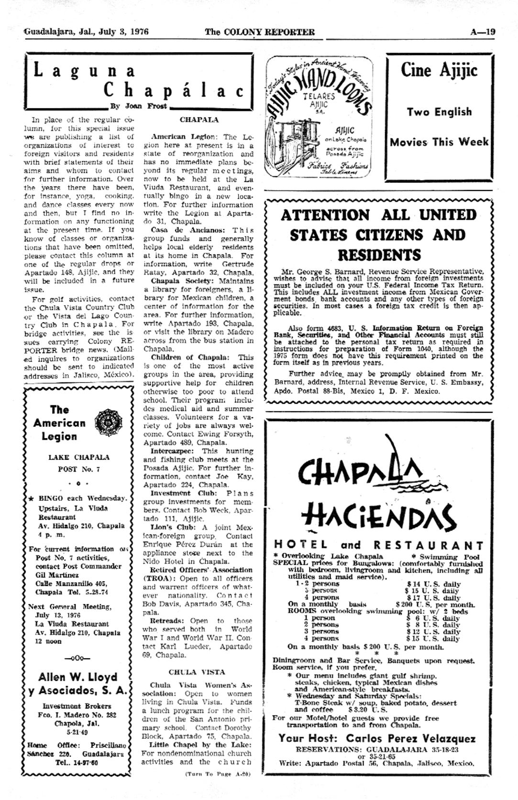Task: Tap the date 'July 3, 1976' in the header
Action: pos(126,32)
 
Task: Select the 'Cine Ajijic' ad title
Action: pos(439,71)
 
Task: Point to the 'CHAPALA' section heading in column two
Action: pos(199,119)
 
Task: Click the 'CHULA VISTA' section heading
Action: pos(197,671)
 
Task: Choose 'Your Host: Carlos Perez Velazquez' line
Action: pos(377,738)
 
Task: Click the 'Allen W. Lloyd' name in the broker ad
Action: pos(77,677)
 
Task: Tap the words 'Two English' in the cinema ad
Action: pos(439,112)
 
